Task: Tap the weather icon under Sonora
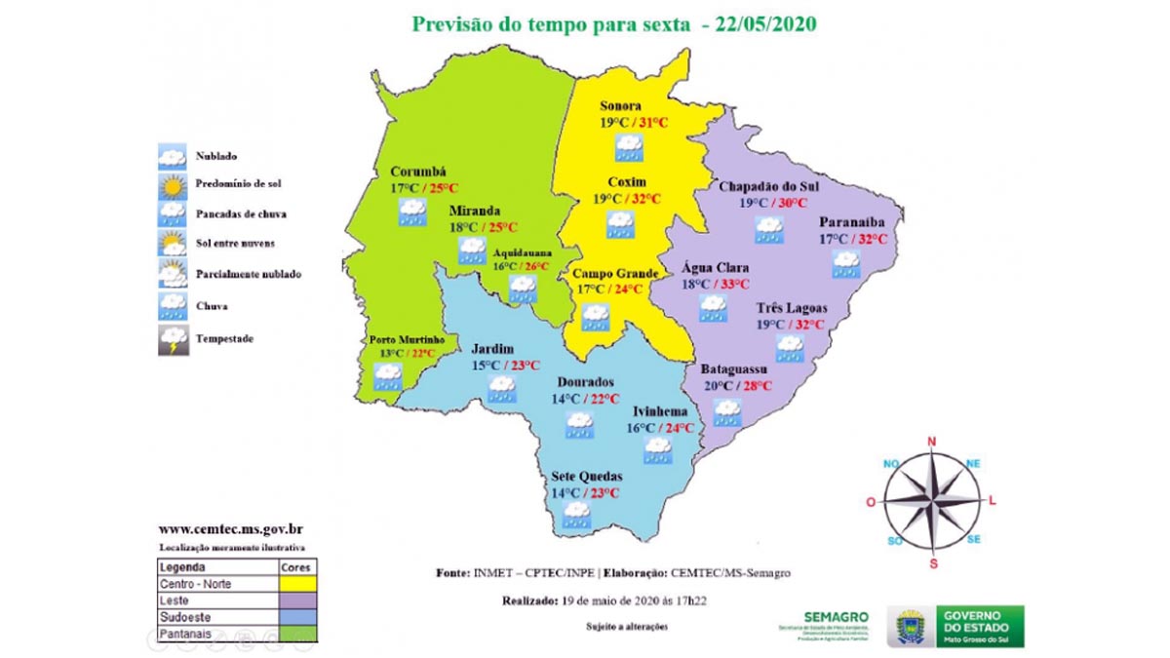click(x=628, y=148)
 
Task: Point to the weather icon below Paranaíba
click(x=845, y=263)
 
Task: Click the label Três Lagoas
click(x=792, y=308)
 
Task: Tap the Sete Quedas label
click(x=586, y=477)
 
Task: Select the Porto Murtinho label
click(x=407, y=339)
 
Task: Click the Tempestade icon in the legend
click(x=173, y=340)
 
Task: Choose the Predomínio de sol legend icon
click(x=173, y=183)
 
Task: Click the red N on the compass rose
click(x=931, y=442)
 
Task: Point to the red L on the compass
click(x=993, y=501)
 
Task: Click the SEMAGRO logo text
click(x=836, y=616)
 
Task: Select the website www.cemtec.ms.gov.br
click(x=230, y=529)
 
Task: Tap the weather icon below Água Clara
click(x=713, y=309)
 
